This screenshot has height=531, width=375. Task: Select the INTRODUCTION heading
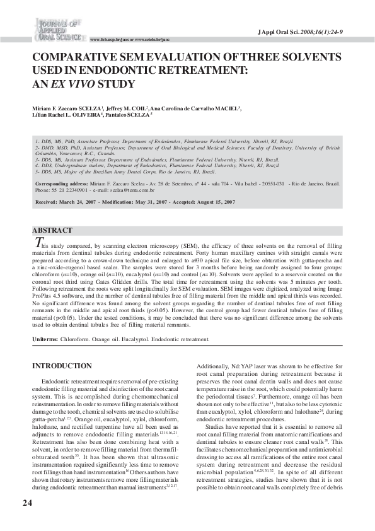pos(62,366)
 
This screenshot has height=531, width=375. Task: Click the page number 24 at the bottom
pos(27,503)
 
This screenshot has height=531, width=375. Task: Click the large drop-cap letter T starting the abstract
pos(38,243)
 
